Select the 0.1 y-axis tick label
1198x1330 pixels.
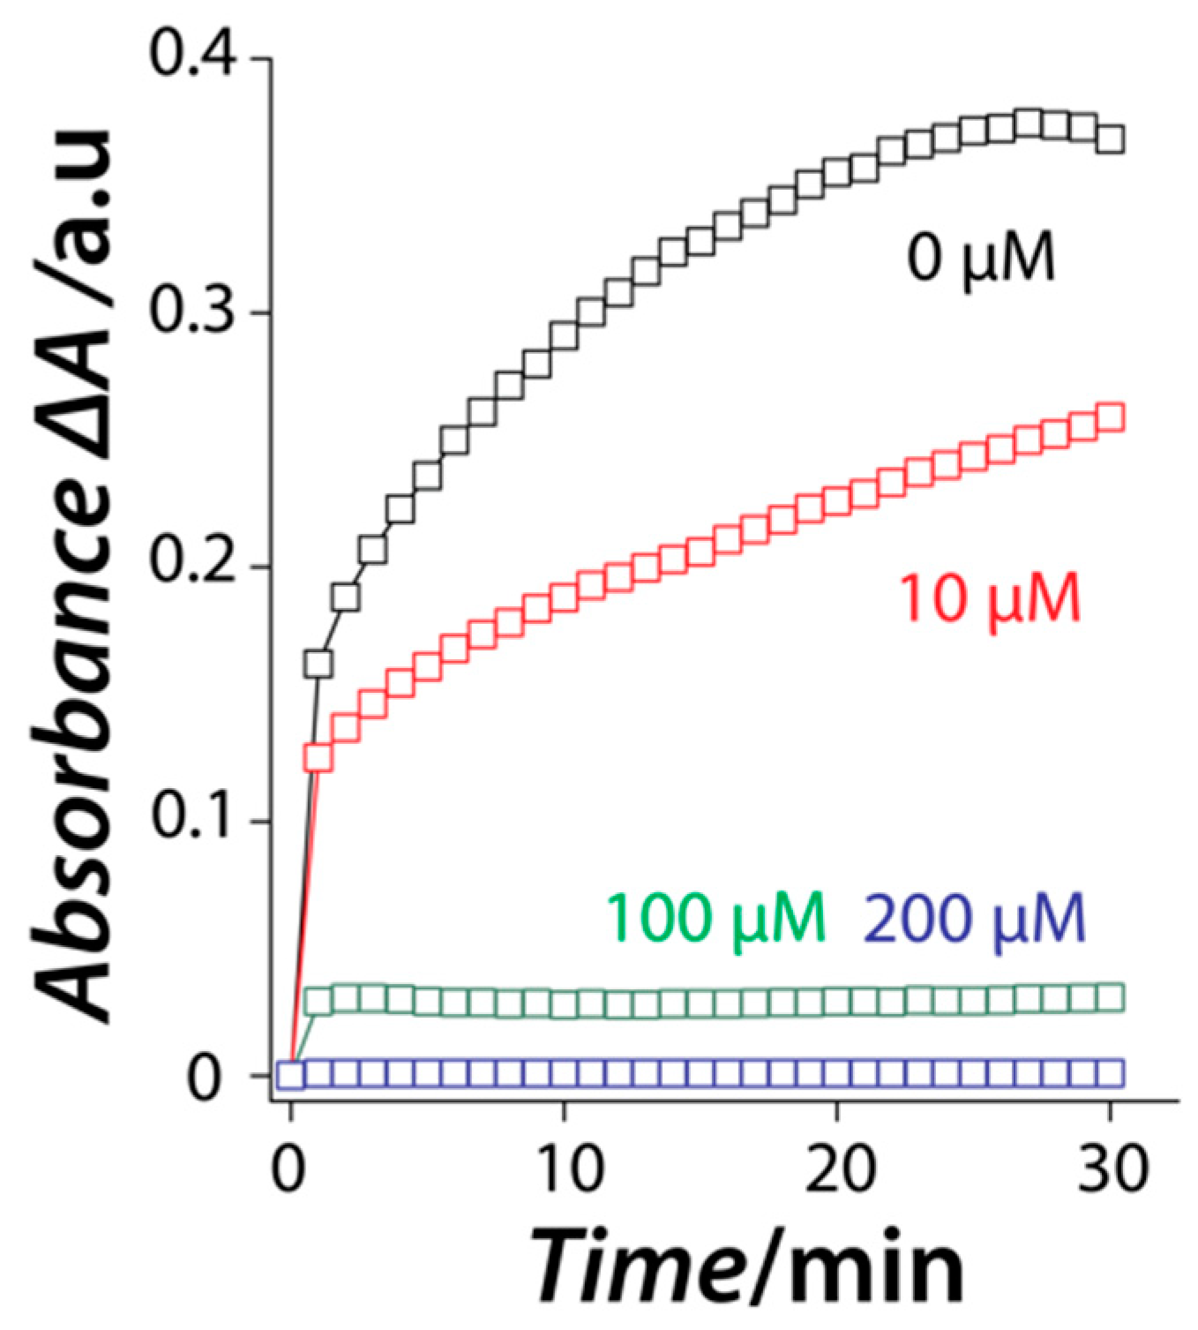point(193,820)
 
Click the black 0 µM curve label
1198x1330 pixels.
point(981,259)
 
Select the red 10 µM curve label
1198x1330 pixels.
point(989,601)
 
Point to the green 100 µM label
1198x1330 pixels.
point(715,919)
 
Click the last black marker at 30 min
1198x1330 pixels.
point(1110,139)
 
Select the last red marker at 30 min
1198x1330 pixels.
point(1110,417)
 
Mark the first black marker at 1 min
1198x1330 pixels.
point(318,664)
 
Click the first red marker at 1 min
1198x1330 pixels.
point(318,757)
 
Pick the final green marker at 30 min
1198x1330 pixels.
point(1110,998)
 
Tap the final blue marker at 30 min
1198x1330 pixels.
point(1110,1073)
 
